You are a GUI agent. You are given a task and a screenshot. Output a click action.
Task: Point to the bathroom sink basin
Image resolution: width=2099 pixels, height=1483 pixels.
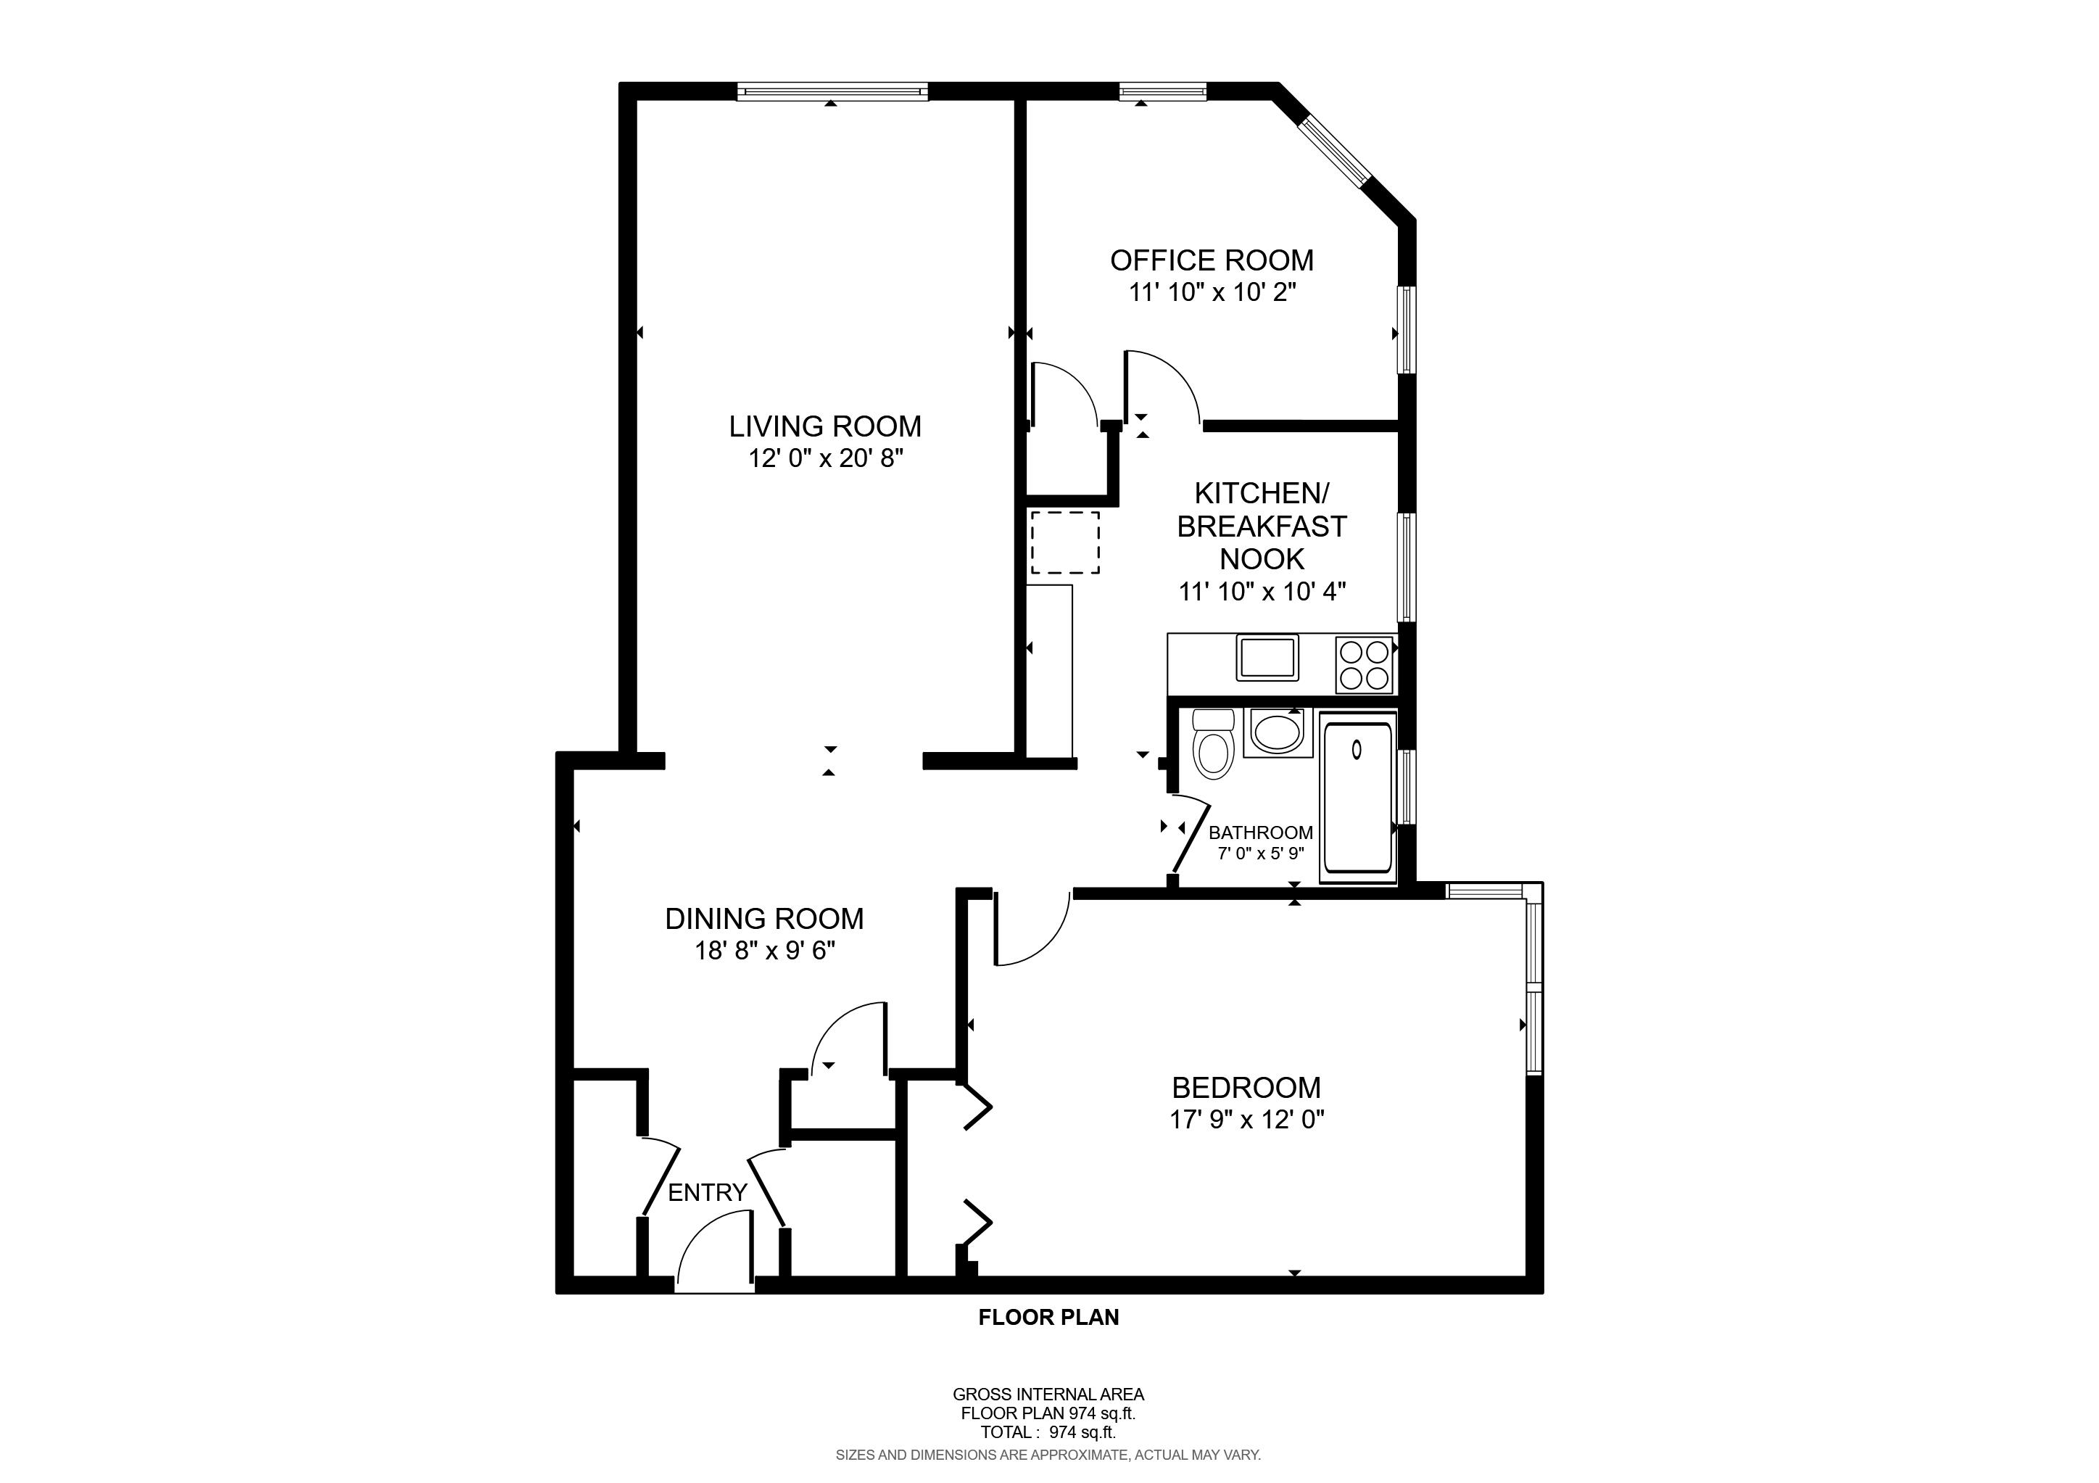coord(1276,732)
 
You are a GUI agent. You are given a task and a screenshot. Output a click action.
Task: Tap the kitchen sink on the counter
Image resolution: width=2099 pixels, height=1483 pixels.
coord(1267,658)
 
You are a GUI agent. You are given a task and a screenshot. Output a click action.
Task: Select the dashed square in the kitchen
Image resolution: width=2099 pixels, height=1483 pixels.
coord(1065,542)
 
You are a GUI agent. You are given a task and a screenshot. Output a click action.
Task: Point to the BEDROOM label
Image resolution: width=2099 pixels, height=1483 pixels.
coord(1246,1087)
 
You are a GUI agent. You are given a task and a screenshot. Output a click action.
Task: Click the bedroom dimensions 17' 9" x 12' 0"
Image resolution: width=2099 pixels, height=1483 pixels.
coord(1246,1119)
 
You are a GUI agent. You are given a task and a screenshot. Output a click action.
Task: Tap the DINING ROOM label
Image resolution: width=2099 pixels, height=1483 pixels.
coord(764,918)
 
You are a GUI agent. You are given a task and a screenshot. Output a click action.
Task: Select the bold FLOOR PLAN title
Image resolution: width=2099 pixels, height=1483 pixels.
coord(1048,1317)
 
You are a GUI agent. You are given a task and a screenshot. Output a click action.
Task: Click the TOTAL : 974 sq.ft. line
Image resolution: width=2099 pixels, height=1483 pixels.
coord(1048,1433)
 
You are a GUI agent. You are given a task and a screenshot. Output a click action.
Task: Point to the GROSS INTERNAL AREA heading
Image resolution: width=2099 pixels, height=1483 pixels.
coord(1048,1395)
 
